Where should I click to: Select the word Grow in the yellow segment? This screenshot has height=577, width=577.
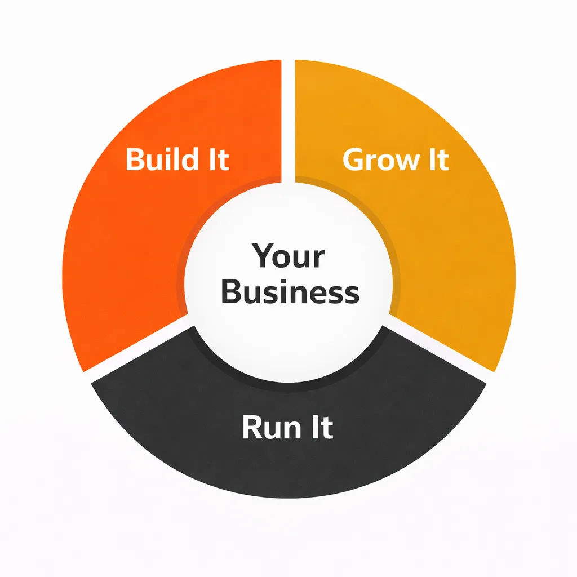click(x=377, y=160)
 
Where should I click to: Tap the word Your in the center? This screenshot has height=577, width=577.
click(x=288, y=256)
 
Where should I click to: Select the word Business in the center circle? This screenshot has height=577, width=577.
click(x=290, y=292)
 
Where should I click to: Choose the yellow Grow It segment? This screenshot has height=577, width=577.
click(x=451, y=242)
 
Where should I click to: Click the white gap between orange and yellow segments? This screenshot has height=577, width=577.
click(x=288, y=113)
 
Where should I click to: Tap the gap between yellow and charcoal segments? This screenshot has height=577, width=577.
click(x=440, y=349)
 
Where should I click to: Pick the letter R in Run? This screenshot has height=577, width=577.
click(x=252, y=428)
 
